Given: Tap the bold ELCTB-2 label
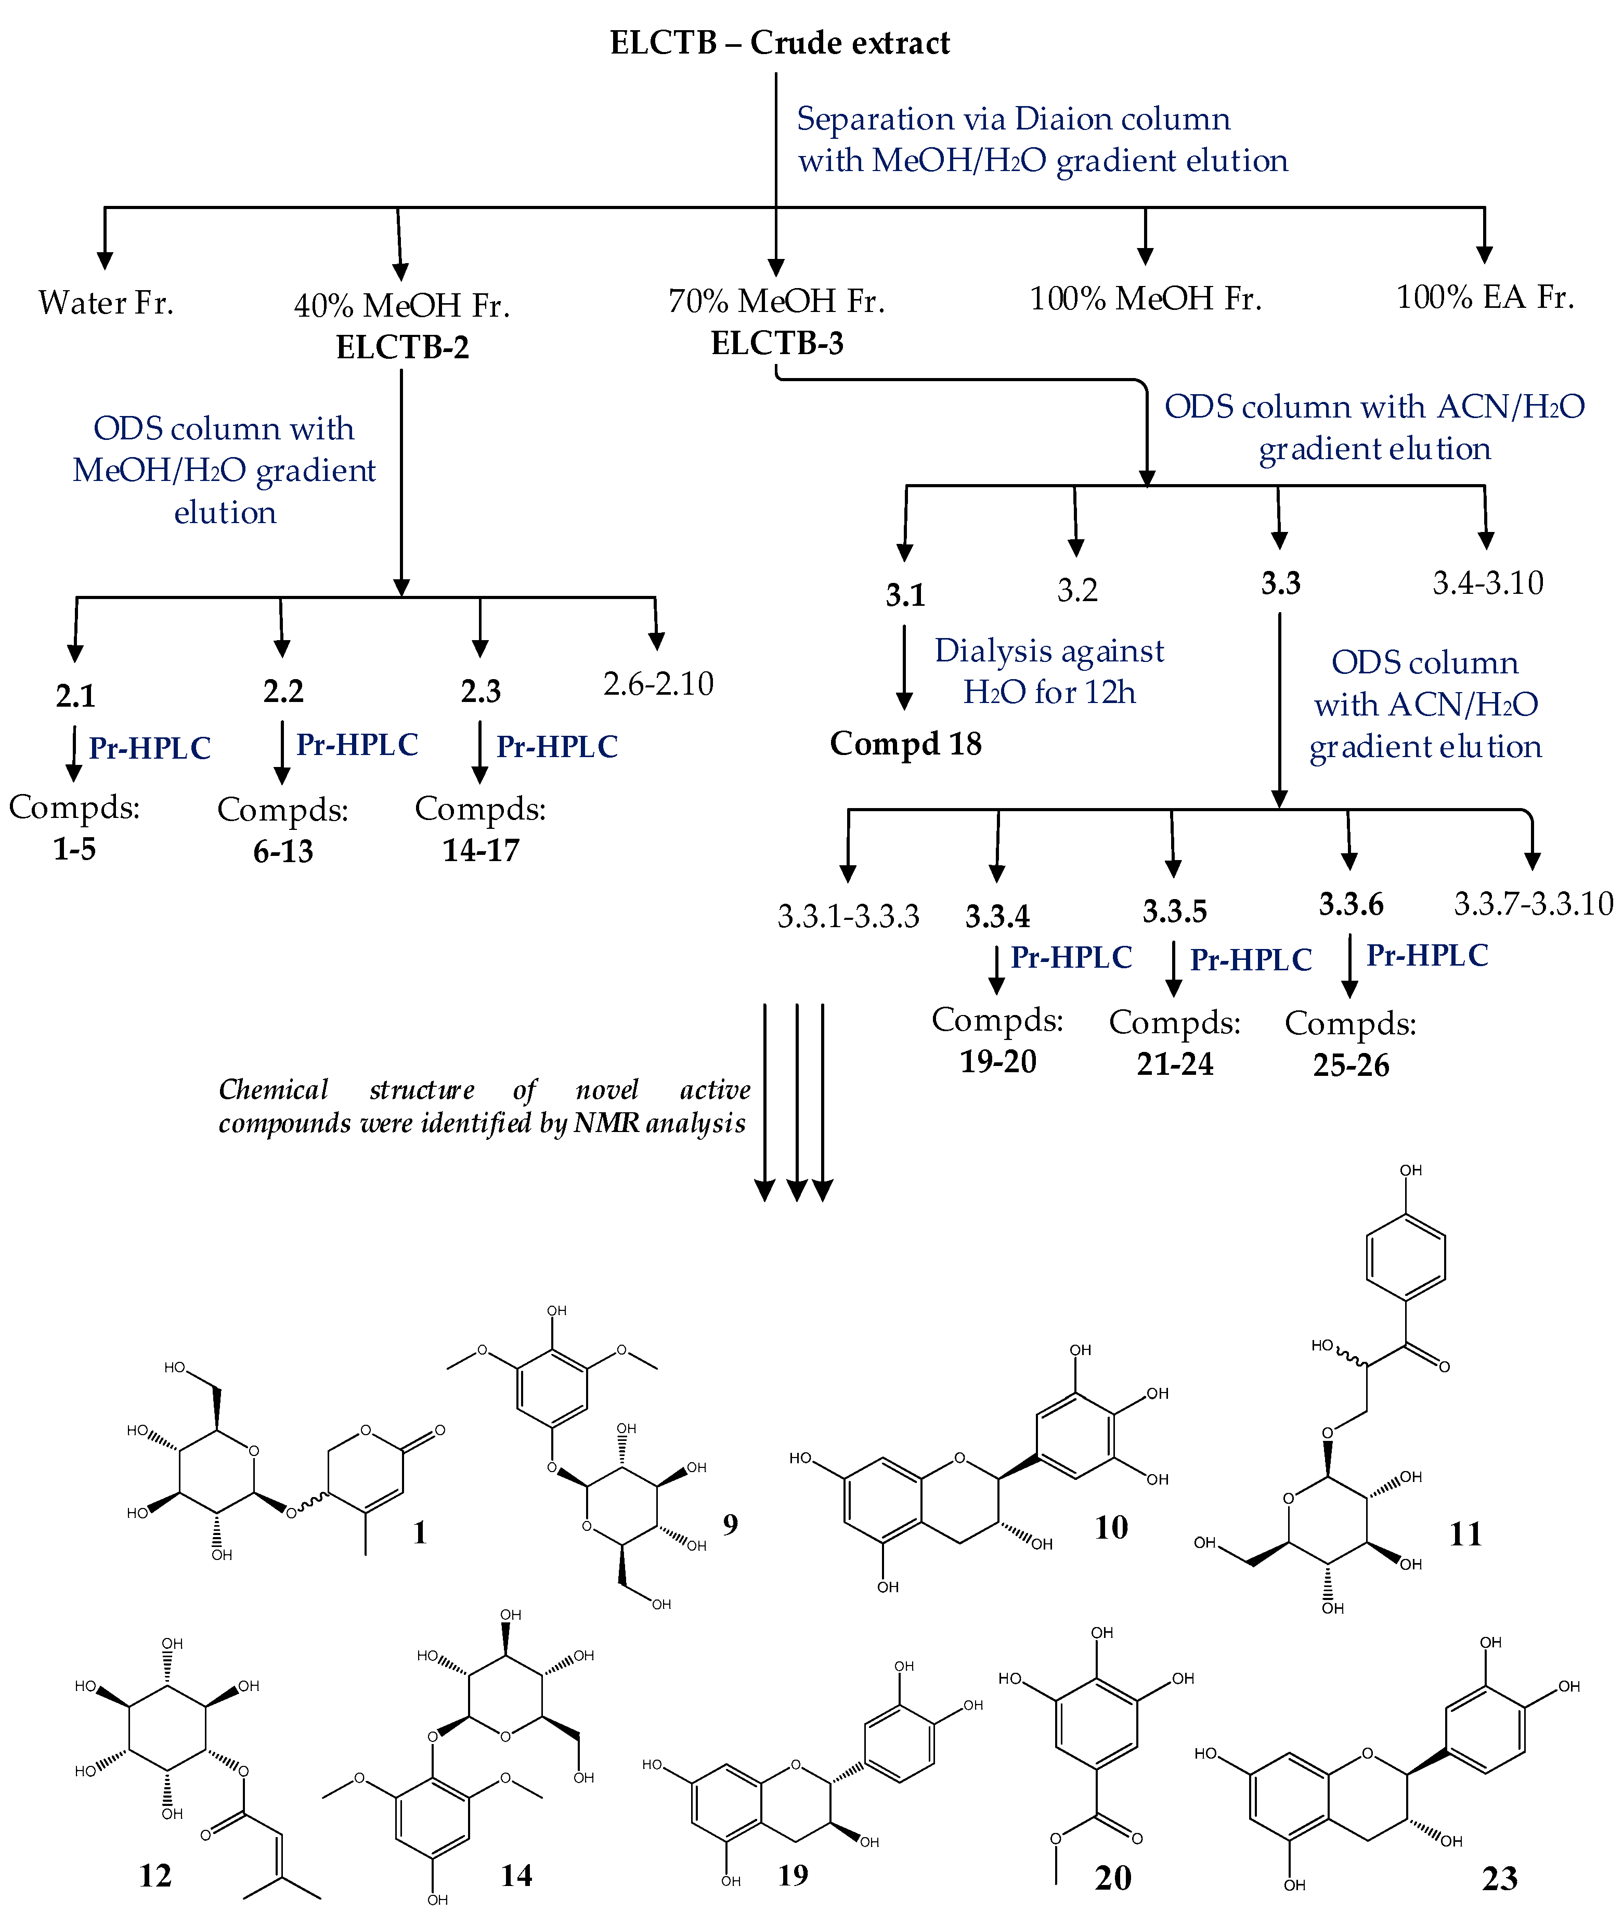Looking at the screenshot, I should tap(402, 347).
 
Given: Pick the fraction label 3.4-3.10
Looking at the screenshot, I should tap(1488, 582).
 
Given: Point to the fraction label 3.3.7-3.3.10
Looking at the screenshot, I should tap(1533, 904).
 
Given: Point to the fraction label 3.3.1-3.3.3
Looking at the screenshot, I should tap(848, 916).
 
